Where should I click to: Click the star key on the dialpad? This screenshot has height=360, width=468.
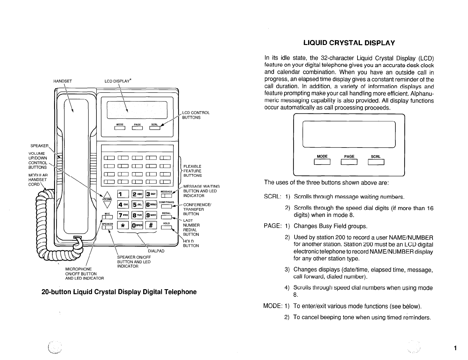click(122, 225)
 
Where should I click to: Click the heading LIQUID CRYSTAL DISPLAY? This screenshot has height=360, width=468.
click(349, 43)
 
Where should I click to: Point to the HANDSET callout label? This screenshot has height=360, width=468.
click(63, 81)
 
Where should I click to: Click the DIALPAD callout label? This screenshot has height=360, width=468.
click(156, 251)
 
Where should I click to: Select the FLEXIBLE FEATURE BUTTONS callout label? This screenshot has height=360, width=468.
click(193, 171)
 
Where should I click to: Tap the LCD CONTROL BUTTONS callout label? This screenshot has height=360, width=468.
click(196, 115)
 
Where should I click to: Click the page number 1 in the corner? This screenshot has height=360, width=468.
click(455, 349)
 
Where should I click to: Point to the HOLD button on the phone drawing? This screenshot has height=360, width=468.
click(166, 227)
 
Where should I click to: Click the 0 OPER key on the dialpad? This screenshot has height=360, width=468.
click(137, 225)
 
